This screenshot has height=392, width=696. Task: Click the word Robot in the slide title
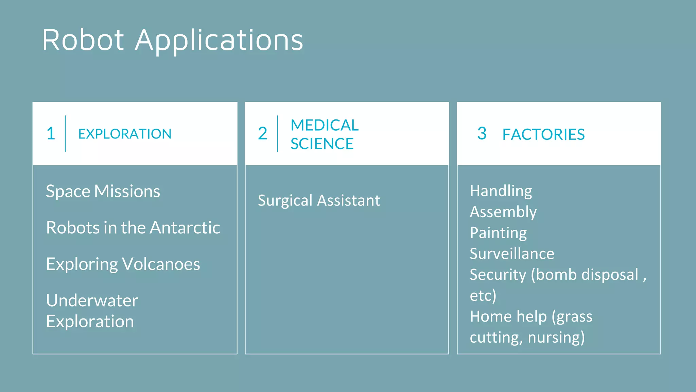[x=83, y=40]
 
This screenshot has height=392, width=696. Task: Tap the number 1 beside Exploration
[x=51, y=133]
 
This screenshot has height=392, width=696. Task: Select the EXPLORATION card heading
[x=125, y=134]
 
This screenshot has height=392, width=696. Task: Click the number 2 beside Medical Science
[x=262, y=133]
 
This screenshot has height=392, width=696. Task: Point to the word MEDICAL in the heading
[x=325, y=125]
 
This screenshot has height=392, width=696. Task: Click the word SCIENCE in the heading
[x=322, y=144]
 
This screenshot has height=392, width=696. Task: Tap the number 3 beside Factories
[x=482, y=133]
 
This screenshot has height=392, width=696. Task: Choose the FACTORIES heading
[x=543, y=134]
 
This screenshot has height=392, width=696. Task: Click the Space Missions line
[x=103, y=191]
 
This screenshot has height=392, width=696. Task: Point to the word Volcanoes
[x=161, y=264]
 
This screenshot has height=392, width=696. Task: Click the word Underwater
[x=92, y=300]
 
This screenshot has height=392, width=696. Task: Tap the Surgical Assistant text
[x=319, y=200]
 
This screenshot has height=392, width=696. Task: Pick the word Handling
[x=501, y=191]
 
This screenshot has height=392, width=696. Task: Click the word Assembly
[x=503, y=212]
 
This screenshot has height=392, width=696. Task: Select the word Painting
[x=498, y=233]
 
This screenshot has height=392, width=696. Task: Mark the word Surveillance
[x=512, y=254]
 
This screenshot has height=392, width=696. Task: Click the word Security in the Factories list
[x=498, y=275]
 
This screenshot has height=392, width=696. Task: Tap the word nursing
[x=556, y=338]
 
